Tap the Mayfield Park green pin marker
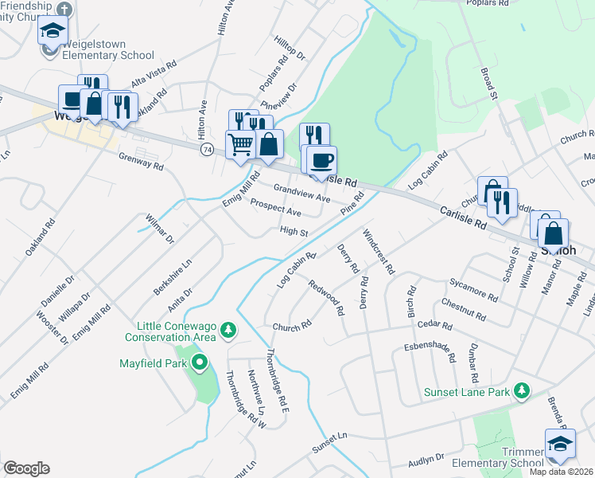tap(199, 364)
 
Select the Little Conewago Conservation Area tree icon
tap(228, 329)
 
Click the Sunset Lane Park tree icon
tap(522, 390)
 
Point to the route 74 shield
tap(207, 150)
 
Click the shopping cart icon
tap(240, 145)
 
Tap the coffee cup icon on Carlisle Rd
tap(321, 159)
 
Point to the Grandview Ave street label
tap(301, 193)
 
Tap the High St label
tap(294, 232)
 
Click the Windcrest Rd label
tap(378, 252)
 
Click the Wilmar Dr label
tap(159, 227)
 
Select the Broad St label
tap(488, 84)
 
